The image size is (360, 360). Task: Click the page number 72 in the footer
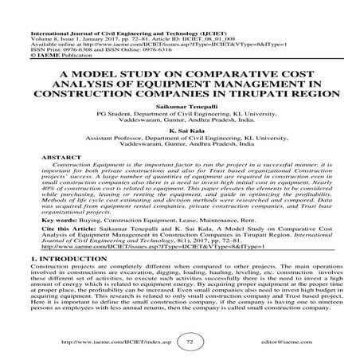tap(179, 338)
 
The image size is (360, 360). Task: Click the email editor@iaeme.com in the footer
tap(276, 338)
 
